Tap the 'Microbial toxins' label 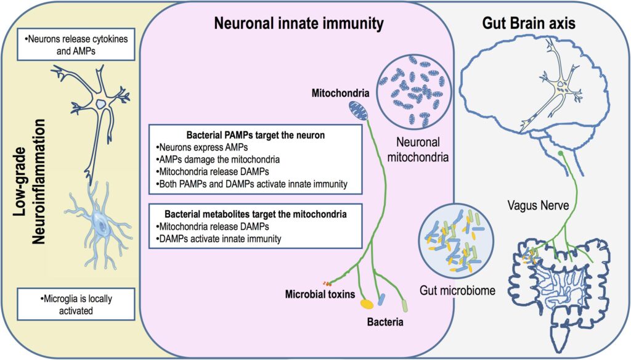pos(320,294)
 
